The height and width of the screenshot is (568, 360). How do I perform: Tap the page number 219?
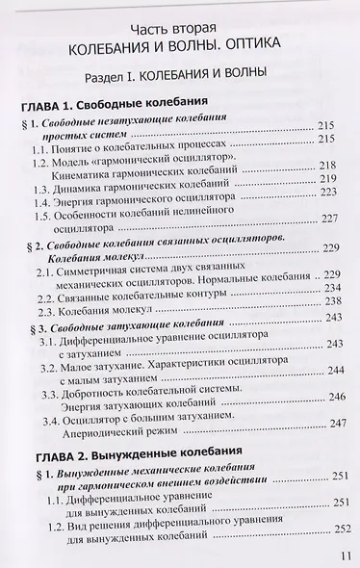click(336, 179)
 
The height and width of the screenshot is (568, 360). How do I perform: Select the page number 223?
click(336, 192)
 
